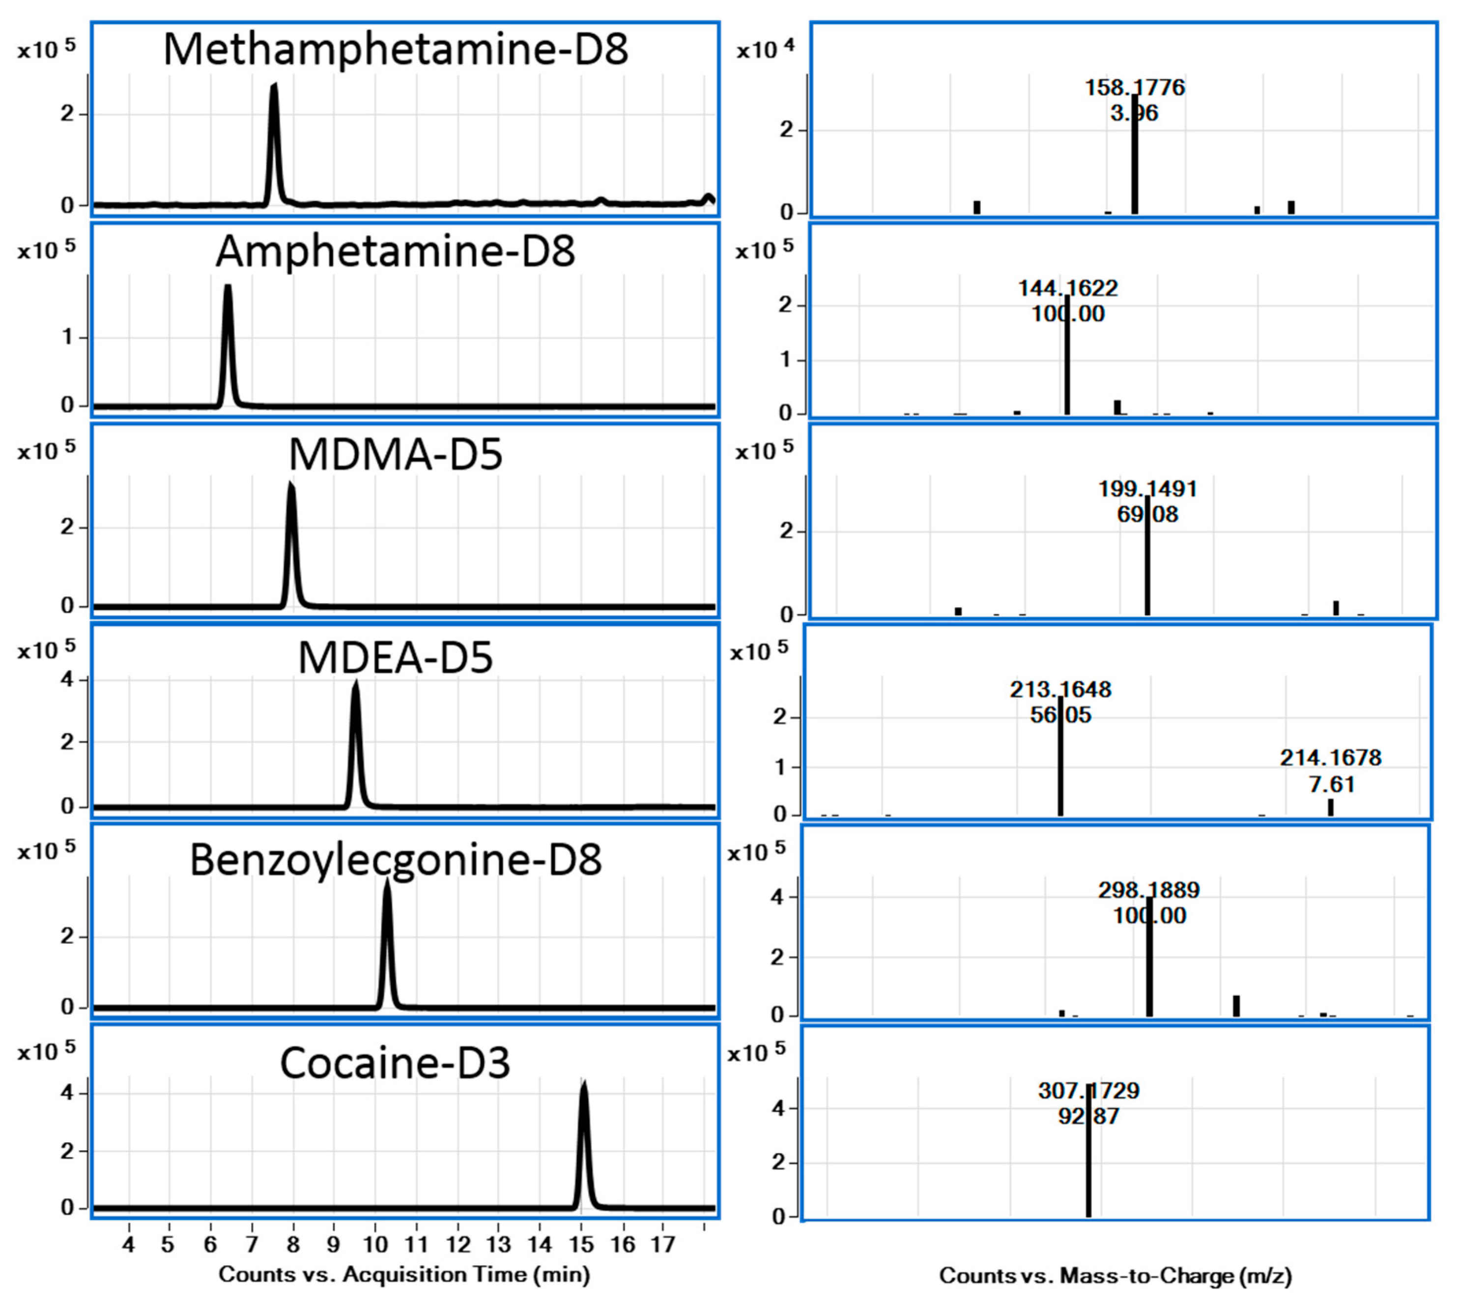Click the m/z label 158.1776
[1134, 88]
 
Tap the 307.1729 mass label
[1088, 1091]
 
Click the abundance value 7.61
[1331, 785]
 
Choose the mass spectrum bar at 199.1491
[1147, 565]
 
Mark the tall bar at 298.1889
[1149, 966]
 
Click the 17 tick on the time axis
[663, 1245]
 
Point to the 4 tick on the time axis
[129, 1245]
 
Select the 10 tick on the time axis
[375, 1245]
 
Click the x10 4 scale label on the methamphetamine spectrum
[765, 50]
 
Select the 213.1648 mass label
[1060, 690]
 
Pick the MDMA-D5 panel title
[395, 454]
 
